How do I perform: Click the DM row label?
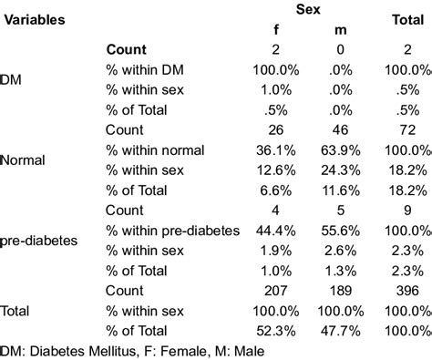[x=13, y=80]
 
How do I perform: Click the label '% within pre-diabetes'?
[x=173, y=231]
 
